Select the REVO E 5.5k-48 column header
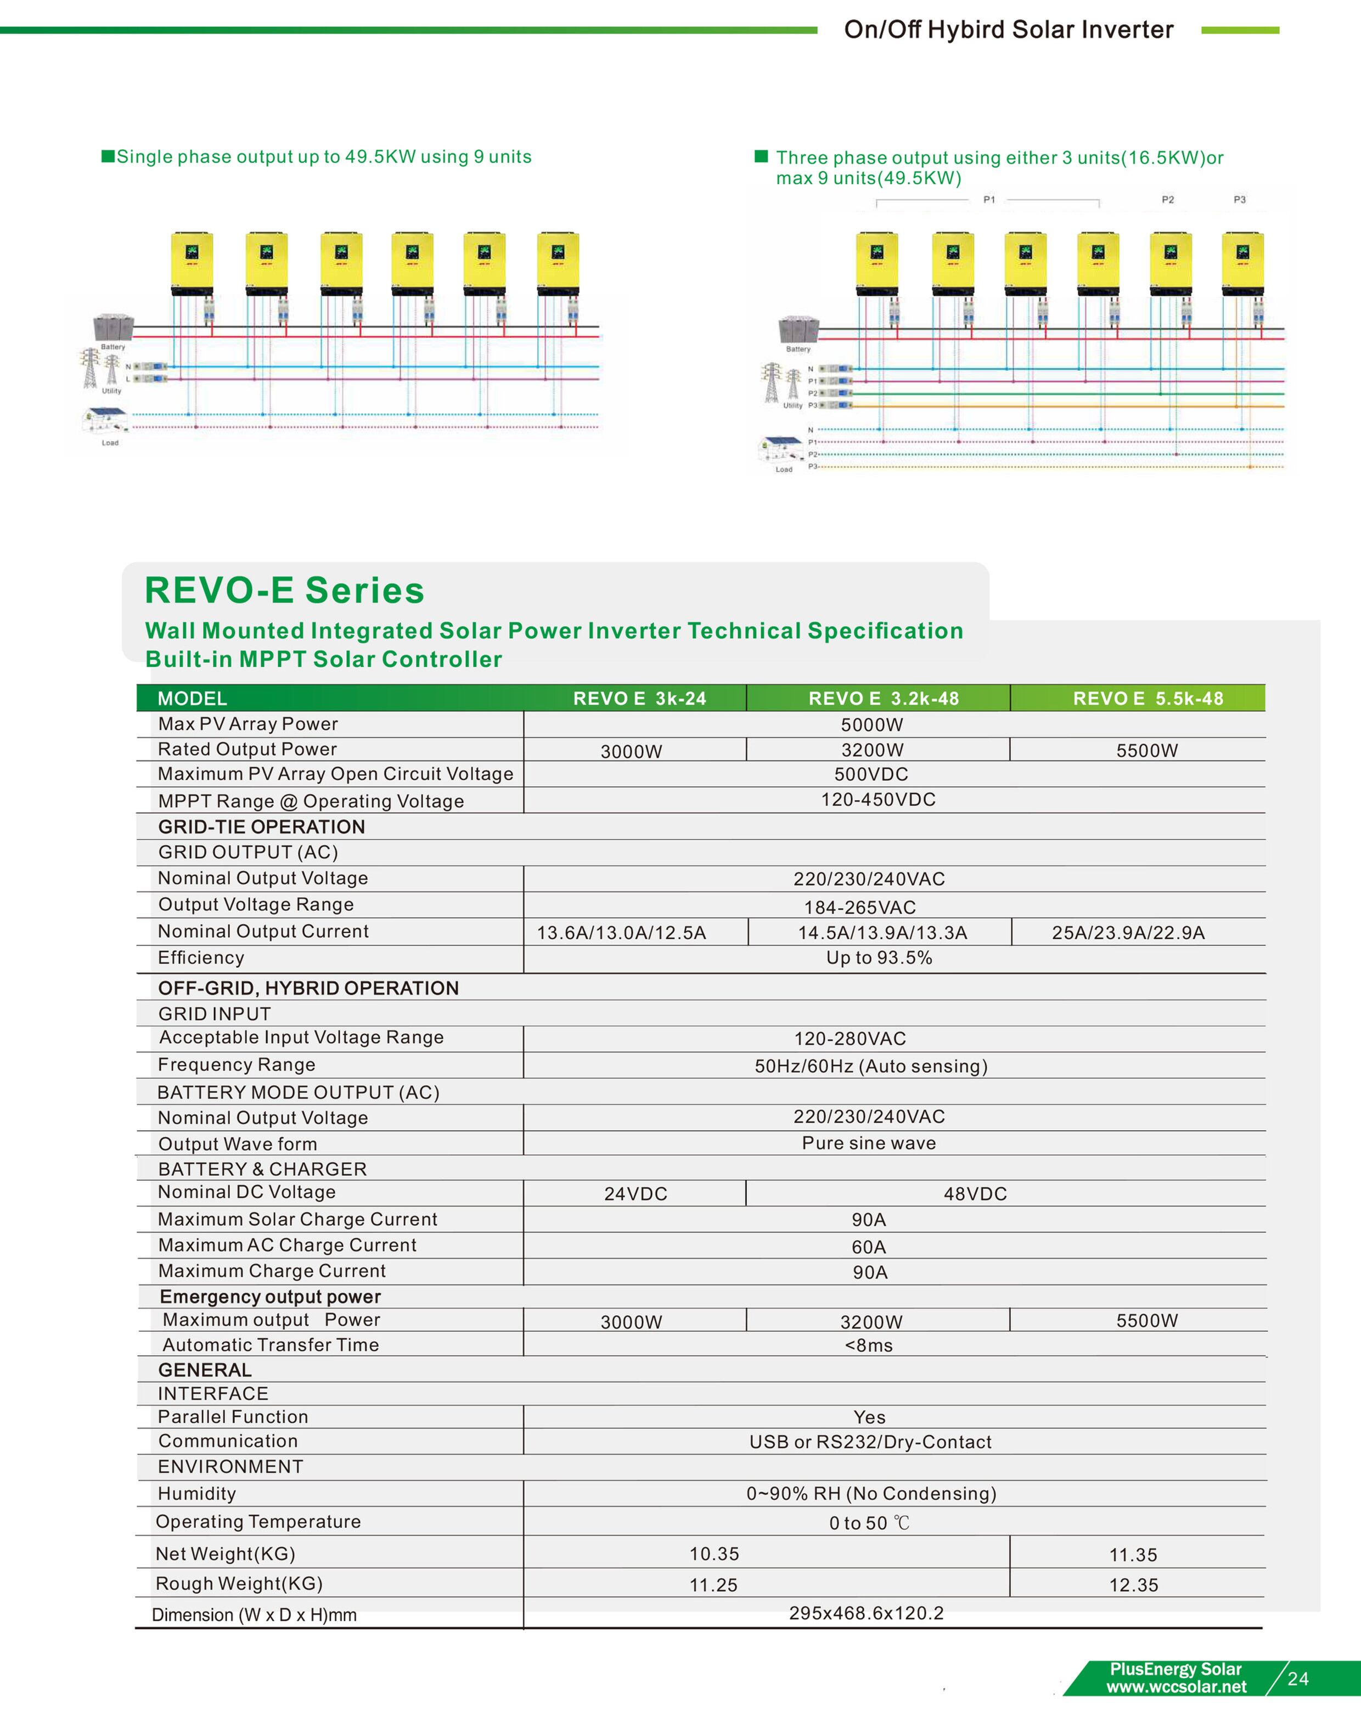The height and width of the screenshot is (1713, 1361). click(1148, 698)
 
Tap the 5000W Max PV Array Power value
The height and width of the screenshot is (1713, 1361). click(871, 725)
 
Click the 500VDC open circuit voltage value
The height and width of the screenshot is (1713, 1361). click(871, 774)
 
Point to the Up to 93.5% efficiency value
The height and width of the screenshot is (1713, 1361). click(878, 958)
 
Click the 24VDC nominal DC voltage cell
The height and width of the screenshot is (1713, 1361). click(635, 1193)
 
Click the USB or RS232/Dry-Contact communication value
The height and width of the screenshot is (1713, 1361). click(870, 1442)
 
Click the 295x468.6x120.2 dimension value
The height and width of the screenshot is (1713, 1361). click(866, 1613)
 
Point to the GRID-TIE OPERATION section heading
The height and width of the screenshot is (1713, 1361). click(261, 827)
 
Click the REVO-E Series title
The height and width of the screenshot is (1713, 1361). click(284, 590)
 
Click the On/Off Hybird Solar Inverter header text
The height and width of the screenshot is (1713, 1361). click(1008, 30)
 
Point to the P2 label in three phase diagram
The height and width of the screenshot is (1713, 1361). click(1167, 200)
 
